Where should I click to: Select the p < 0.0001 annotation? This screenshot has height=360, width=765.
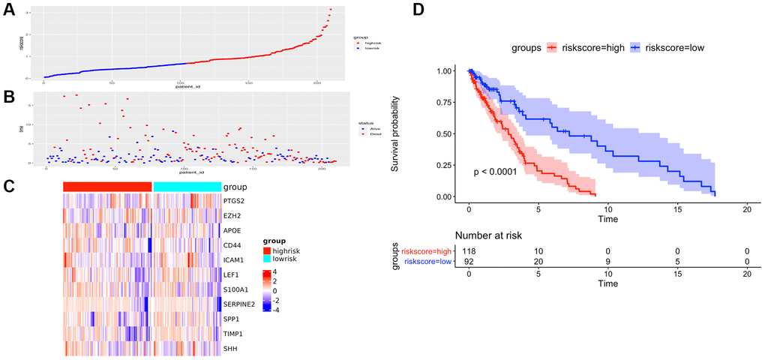pos(496,172)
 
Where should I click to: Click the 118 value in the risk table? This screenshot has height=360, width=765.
pos(469,250)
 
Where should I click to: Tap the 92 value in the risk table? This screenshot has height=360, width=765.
pos(469,261)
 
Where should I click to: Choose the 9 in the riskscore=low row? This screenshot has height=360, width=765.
pos(607,261)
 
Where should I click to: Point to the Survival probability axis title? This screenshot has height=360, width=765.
pos(396,133)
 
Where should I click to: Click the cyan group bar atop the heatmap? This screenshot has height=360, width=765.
pos(187,187)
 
